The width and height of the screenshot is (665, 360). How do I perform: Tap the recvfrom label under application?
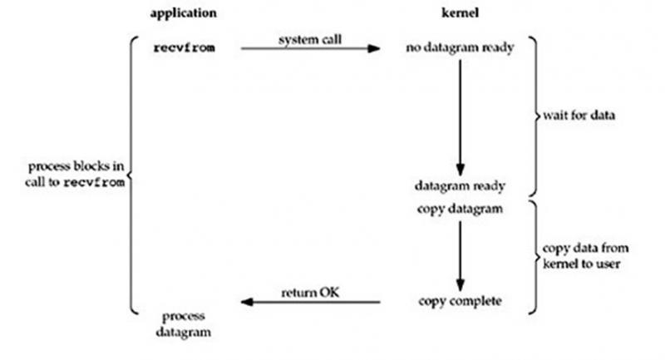point(184,47)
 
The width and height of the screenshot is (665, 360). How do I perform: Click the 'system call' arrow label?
point(308,39)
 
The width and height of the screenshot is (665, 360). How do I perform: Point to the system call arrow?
point(309,48)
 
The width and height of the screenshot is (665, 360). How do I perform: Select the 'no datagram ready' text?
point(459,47)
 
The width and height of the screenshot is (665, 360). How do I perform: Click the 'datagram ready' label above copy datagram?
point(459,185)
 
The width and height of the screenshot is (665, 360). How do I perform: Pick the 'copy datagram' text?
point(459,209)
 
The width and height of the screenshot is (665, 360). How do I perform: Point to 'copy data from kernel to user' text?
point(579,255)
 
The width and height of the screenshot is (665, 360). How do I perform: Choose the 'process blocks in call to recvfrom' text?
point(76,175)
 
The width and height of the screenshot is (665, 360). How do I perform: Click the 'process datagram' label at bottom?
point(184,323)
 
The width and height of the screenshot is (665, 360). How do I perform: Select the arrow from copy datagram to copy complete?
point(459,254)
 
